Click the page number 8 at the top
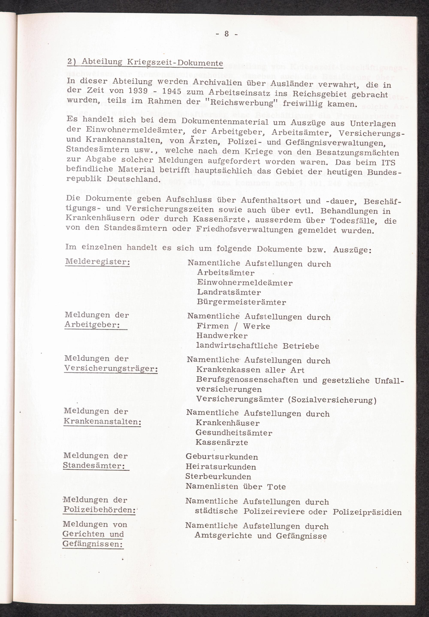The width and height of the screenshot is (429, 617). [227, 34]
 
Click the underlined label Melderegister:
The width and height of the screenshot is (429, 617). [97, 262]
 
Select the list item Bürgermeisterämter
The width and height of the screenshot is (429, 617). [241, 302]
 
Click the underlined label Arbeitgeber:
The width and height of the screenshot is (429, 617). [92, 325]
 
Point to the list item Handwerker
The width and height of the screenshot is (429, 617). [222, 336]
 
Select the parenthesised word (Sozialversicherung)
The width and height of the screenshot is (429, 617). [332, 400]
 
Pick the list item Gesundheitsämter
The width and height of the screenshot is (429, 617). [234, 433]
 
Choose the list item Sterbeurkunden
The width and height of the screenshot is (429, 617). [218, 477]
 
